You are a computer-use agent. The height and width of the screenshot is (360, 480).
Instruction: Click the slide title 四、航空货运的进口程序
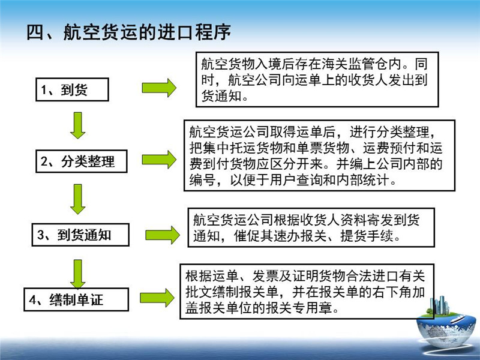point(128,32)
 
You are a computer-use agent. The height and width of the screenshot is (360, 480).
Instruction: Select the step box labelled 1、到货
point(72,89)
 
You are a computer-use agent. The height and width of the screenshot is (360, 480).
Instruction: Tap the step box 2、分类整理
point(82,161)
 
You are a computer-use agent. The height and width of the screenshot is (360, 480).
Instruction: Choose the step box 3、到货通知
point(80,235)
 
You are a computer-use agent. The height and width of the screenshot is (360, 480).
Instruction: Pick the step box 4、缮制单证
point(76,299)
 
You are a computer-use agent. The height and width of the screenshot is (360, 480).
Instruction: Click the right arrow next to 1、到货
point(159,88)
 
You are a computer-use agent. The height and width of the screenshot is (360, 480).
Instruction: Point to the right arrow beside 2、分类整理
point(159,160)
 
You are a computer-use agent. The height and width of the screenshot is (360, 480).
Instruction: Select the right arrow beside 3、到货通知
point(163,235)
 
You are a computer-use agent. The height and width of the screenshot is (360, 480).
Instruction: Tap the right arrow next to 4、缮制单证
point(157,298)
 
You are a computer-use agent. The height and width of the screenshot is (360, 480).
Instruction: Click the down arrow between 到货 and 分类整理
point(78,125)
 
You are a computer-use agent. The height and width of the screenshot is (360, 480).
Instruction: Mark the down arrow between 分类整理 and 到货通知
point(78,199)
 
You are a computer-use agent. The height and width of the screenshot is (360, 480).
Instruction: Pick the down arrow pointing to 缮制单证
point(78,274)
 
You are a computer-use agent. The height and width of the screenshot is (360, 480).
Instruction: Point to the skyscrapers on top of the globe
point(439,305)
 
